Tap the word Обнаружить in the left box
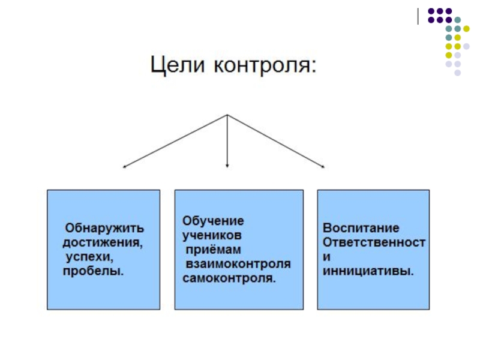[x=104, y=229]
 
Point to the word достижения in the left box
[x=103, y=243]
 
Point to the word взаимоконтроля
[x=238, y=264]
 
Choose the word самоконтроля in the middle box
[x=229, y=278]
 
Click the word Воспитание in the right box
[x=361, y=229]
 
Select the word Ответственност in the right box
[x=374, y=242]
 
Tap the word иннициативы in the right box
[x=368, y=271]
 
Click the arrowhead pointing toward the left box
[x=124, y=166]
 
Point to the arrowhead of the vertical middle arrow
[x=227, y=165]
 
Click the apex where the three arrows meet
[x=227, y=115]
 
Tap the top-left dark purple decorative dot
[x=431, y=11]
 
